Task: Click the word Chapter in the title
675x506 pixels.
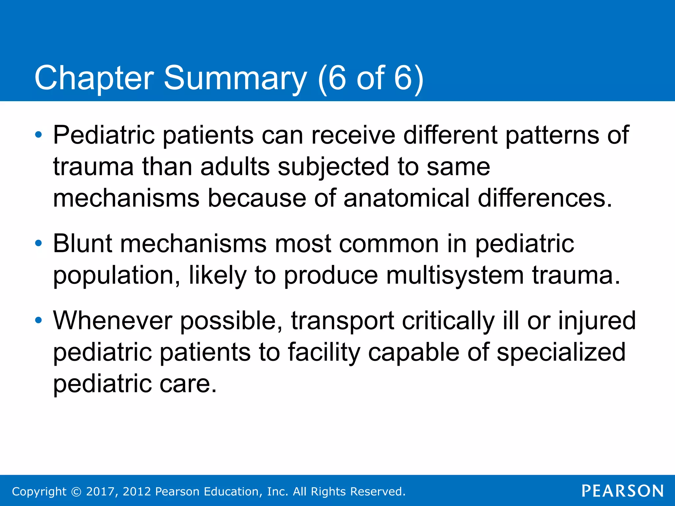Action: click(x=94, y=78)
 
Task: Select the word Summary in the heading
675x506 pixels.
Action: click(x=235, y=78)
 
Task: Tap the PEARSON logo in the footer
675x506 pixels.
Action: click(x=623, y=491)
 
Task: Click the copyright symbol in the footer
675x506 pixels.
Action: click(x=76, y=492)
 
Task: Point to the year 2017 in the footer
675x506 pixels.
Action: click(x=101, y=492)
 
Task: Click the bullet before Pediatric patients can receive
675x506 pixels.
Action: click(x=39, y=135)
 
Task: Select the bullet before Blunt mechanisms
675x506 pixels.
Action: click(x=39, y=243)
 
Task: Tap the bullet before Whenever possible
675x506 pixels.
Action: click(x=39, y=320)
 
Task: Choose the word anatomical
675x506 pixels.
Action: click(x=406, y=198)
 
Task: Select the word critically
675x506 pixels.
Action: click(x=448, y=320)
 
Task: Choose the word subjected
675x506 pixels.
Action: click(x=334, y=166)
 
